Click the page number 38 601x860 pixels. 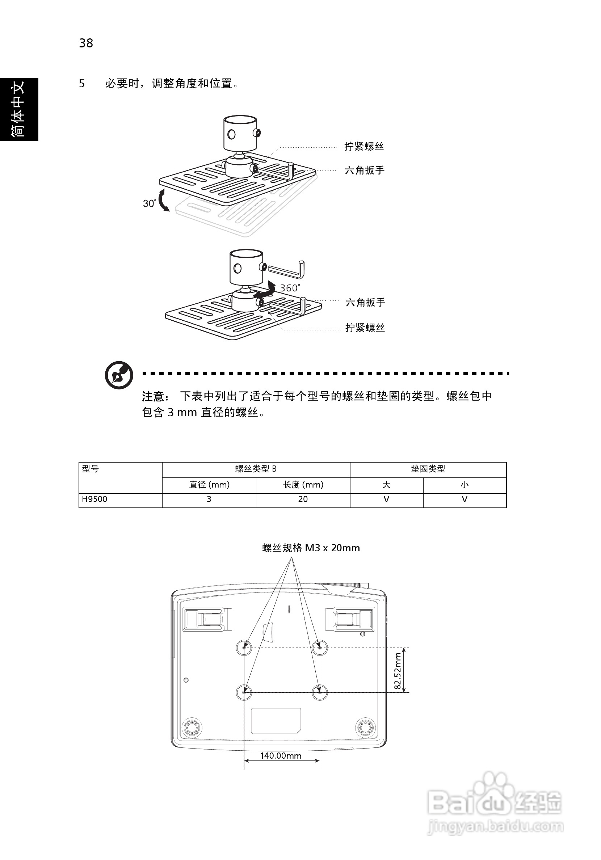pos(86,43)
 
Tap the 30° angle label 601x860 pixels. pos(149,203)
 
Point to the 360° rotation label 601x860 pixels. pos(290,288)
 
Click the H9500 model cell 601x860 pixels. pos(94,499)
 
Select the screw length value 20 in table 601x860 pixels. pos(303,499)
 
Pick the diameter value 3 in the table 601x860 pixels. pos(209,499)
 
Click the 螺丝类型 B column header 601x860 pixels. pos(256,469)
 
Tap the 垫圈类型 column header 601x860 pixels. pos(428,469)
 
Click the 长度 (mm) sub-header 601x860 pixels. pos(303,485)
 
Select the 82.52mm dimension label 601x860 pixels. pos(398,671)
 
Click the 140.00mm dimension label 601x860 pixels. pos(281,756)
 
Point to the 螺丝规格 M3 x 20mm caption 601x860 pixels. pos(311,548)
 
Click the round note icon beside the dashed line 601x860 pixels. pos(119,375)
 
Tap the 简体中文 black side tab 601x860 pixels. pos(19,109)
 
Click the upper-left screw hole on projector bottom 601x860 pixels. pos(244,647)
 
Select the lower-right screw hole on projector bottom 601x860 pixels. pos(320,692)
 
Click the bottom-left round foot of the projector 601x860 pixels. pos(192,728)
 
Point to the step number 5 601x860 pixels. pos(82,83)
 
